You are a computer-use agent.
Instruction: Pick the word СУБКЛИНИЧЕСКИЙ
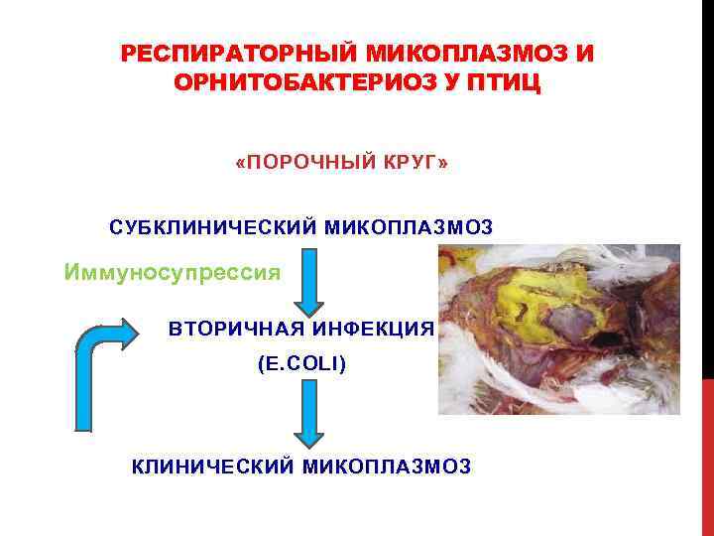[213, 226]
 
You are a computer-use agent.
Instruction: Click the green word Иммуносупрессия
[172, 270]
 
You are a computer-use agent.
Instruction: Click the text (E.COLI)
[301, 365]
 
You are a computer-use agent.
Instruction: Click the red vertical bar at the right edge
[707, 457]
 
